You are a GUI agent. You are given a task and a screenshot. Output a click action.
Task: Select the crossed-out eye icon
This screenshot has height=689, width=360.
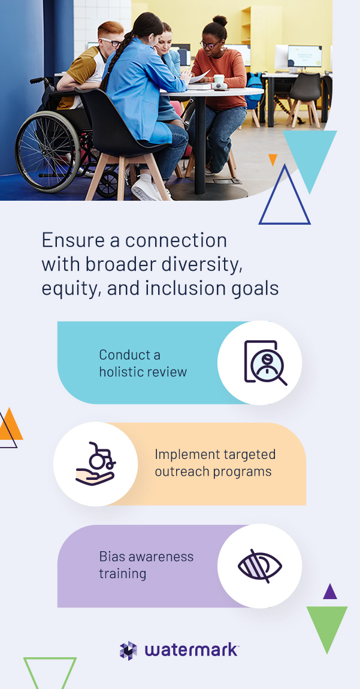coord(260,566)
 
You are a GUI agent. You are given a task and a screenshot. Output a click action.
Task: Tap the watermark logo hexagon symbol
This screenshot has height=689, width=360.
coord(128,650)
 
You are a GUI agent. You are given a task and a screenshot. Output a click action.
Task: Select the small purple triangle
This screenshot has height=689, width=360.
coord(329,593)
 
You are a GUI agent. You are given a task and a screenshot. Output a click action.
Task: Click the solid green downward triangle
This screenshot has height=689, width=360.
coord(327,625)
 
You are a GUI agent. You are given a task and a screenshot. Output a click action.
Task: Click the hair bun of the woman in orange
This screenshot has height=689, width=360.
coord(220,20)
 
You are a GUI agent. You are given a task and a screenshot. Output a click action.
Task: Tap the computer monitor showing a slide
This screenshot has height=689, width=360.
coord(304,56)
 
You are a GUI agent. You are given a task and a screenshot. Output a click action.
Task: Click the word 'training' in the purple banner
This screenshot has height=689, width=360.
coord(123,573)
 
